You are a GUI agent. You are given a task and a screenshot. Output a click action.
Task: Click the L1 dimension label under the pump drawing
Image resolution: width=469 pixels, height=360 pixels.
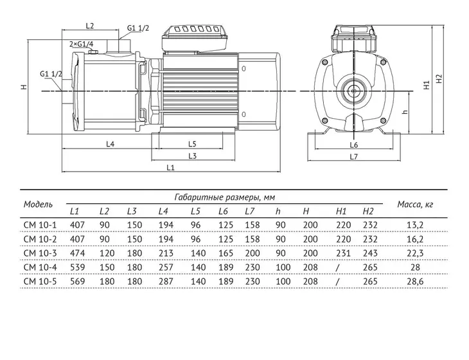[x=170, y=167]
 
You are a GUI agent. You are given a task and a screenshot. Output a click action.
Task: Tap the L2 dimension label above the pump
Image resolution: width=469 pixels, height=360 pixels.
[x=90, y=26]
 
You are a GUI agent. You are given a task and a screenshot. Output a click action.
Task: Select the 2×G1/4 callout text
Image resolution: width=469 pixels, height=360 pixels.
[x=82, y=44]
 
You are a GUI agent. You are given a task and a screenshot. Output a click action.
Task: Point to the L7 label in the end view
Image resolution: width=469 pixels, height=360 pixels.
[x=353, y=156]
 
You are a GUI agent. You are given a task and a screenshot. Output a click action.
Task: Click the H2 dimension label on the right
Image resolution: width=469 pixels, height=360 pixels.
[x=439, y=78]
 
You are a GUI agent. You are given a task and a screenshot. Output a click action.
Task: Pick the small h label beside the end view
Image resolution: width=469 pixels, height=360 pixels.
[x=405, y=112]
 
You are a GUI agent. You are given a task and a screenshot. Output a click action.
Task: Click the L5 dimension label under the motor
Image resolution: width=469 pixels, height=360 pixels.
[x=192, y=144]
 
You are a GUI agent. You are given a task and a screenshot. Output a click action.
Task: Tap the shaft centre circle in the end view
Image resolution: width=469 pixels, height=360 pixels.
[x=354, y=91]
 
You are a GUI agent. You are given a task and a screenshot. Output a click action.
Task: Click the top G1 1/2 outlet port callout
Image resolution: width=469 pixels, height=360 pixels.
[x=138, y=28]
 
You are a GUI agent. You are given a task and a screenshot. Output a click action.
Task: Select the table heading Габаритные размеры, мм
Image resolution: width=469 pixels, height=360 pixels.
[x=224, y=197]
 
